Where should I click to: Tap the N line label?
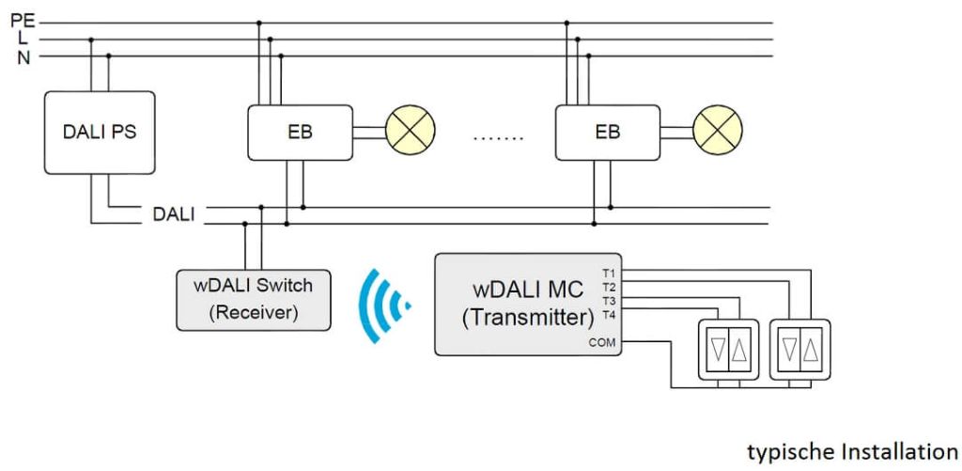23,57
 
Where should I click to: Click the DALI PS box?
99,132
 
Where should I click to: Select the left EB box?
300,132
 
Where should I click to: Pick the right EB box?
608,132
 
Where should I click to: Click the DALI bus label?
174,214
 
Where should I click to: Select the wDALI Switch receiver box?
254,299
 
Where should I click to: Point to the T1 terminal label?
609,273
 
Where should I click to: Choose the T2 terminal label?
609,287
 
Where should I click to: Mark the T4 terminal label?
609,314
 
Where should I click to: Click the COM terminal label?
602,342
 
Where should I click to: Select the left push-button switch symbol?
728,349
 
